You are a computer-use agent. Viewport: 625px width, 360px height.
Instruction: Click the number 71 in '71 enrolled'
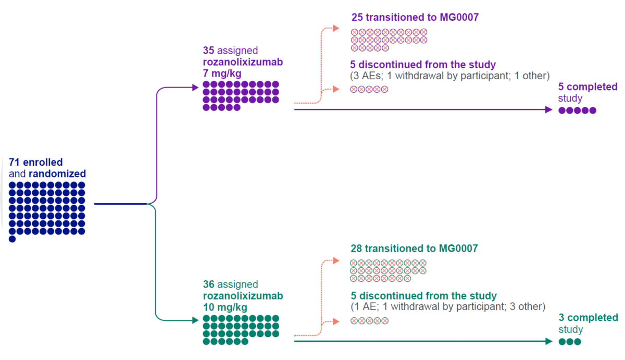[14, 163]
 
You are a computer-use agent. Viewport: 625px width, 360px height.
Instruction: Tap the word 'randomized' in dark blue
[57, 174]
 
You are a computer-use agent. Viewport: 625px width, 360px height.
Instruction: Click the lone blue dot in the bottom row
[12, 239]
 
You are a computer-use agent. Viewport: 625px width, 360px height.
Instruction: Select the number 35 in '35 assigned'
[208, 51]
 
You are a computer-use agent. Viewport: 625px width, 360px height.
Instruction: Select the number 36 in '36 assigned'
[208, 284]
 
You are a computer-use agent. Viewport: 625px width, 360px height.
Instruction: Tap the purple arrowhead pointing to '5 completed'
[548, 110]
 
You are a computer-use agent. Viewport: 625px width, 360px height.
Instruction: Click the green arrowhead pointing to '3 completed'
[548, 341]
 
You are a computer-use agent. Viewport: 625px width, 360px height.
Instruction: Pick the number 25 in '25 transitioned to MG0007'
[357, 18]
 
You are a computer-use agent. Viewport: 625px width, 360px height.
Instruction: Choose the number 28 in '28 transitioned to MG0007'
[357, 249]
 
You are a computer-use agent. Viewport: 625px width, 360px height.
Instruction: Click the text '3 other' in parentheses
[527, 307]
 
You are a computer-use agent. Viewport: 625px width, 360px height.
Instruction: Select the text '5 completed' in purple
[587, 87]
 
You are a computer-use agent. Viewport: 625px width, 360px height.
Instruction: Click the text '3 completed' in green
[588, 318]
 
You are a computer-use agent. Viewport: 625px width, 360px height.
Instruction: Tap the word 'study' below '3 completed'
[570, 330]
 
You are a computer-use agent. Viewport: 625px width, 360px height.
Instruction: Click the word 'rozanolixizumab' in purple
[243, 62]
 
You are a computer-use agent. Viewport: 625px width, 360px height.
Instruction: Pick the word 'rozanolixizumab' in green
[243, 296]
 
